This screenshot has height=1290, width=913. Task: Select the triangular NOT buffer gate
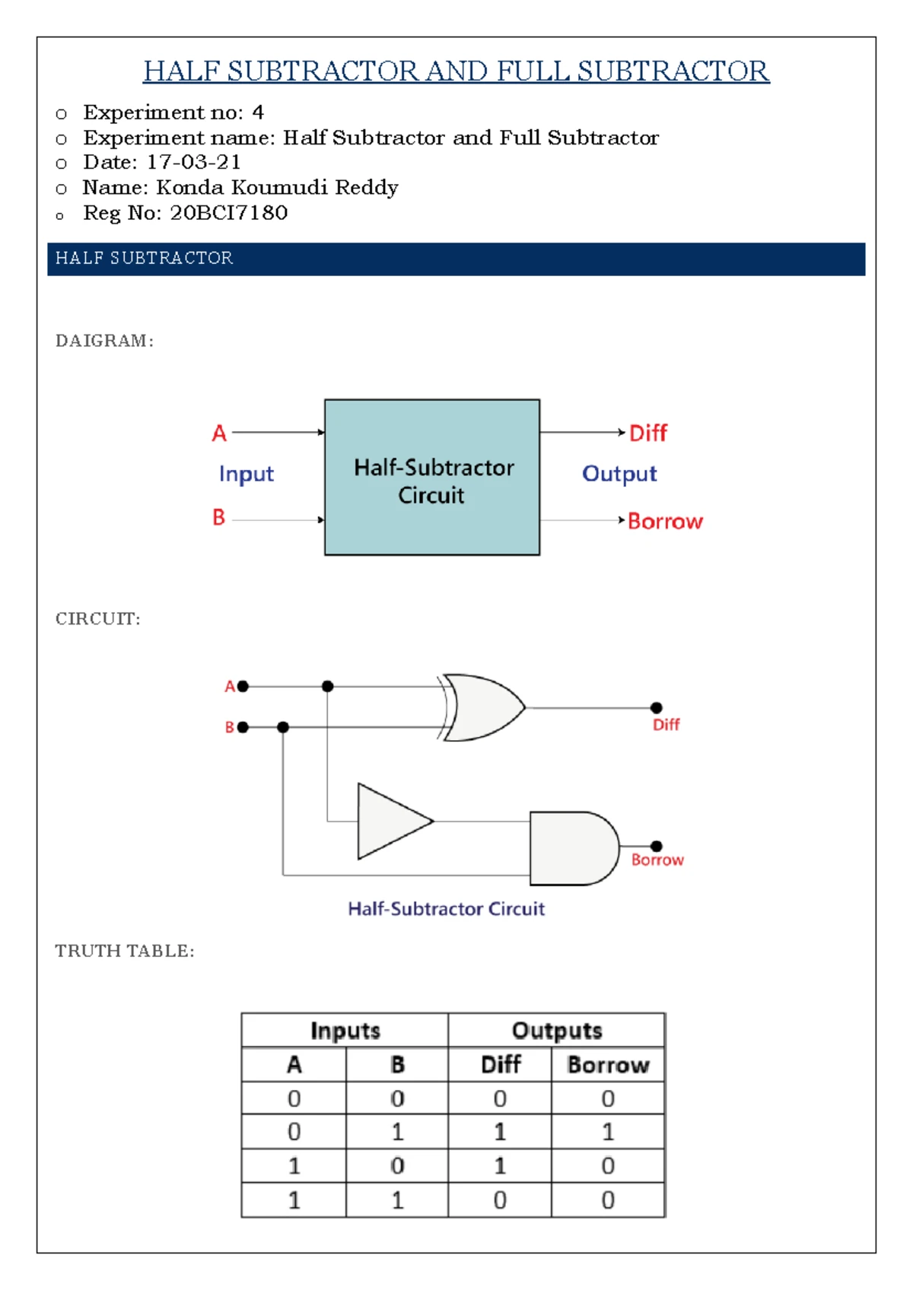(x=390, y=821)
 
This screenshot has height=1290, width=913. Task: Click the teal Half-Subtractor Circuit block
(x=432, y=478)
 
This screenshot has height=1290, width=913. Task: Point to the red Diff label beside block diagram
(x=647, y=433)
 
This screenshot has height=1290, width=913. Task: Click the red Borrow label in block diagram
(x=665, y=521)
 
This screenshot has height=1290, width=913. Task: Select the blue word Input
(x=246, y=474)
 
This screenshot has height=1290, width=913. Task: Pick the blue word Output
(x=619, y=474)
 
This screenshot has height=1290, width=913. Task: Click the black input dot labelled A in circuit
(x=243, y=686)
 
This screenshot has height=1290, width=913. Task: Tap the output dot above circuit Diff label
(x=657, y=707)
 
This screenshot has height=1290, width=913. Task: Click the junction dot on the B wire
(x=283, y=727)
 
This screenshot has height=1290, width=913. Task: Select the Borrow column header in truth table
(x=608, y=1065)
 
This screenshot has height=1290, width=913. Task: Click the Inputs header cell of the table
(x=345, y=1031)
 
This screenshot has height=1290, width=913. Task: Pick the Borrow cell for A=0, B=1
(x=608, y=1132)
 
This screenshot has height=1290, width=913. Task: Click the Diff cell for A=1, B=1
(x=500, y=1199)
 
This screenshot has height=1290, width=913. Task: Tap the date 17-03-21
(x=194, y=162)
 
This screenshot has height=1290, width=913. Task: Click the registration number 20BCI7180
(x=229, y=213)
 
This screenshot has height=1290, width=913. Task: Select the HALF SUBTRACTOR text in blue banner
(x=145, y=259)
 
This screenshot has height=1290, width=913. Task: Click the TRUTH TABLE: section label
(x=125, y=951)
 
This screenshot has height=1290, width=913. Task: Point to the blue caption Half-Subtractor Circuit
(x=447, y=908)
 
